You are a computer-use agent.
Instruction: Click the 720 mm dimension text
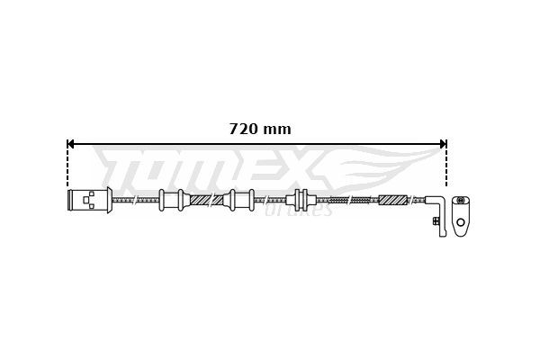tap(260, 129)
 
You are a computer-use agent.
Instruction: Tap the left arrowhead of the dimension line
tap(72, 143)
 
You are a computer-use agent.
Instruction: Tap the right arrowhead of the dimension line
tap(442, 143)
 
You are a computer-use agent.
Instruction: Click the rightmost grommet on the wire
tap(300, 200)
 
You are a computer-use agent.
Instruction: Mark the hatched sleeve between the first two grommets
tap(206, 200)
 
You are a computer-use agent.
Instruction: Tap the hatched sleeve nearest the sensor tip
tap(393, 200)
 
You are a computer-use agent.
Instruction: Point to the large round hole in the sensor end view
tap(461, 221)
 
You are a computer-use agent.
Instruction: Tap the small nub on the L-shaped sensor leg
tap(436, 220)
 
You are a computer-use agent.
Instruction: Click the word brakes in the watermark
tap(301, 211)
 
